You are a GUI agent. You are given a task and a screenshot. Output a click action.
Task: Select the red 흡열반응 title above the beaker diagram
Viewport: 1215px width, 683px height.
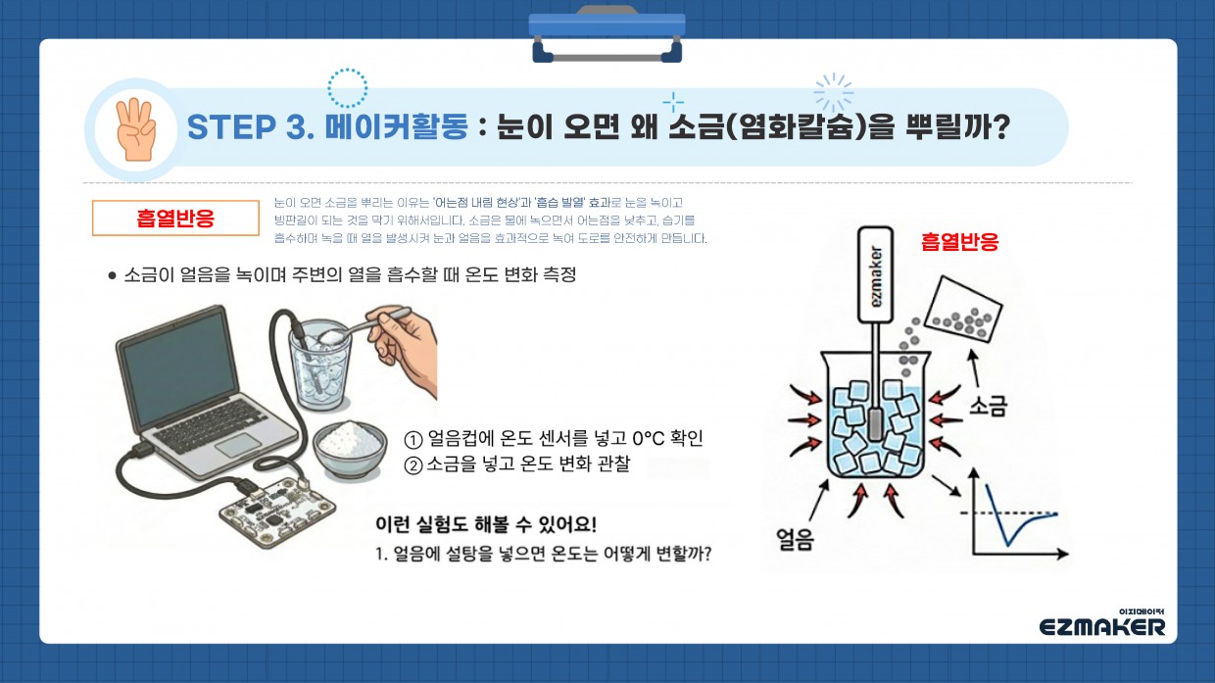[x=959, y=242]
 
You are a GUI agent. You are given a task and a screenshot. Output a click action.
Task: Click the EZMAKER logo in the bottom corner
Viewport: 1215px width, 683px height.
[x=1102, y=625]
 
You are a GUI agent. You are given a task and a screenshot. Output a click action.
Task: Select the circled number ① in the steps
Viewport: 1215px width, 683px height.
[x=413, y=439]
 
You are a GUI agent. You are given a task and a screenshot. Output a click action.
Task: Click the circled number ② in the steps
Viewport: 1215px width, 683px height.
[x=413, y=465]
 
